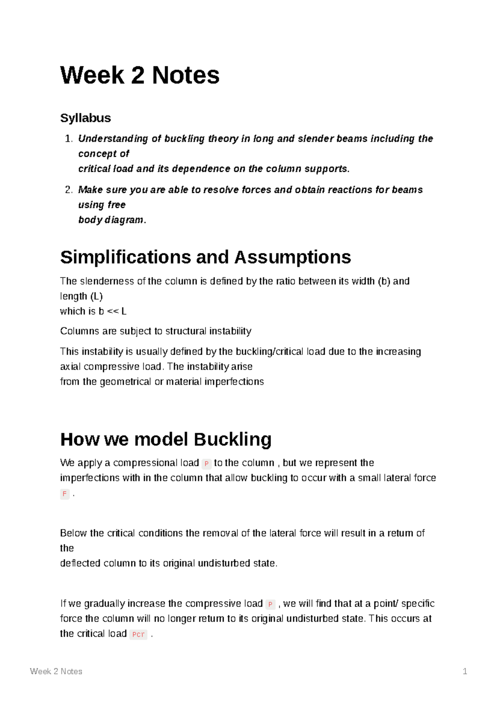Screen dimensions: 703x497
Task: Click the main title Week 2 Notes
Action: point(140,75)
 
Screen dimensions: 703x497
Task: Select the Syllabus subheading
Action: point(85,118)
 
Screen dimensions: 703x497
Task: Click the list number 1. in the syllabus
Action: point(69,139)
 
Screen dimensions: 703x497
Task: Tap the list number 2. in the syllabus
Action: point(69,190)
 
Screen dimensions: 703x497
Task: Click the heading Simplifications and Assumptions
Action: point(205,257)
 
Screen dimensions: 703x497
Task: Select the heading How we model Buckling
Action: point(166,439)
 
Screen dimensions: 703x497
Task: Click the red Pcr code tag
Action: point(138,634)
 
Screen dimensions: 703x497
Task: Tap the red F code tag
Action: point(65,494)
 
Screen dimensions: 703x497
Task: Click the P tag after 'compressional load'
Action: point(206,464)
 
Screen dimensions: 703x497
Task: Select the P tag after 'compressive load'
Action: point(270,604)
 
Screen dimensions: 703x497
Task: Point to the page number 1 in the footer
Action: point(465,672)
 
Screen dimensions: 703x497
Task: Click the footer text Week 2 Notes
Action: point(56,672)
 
